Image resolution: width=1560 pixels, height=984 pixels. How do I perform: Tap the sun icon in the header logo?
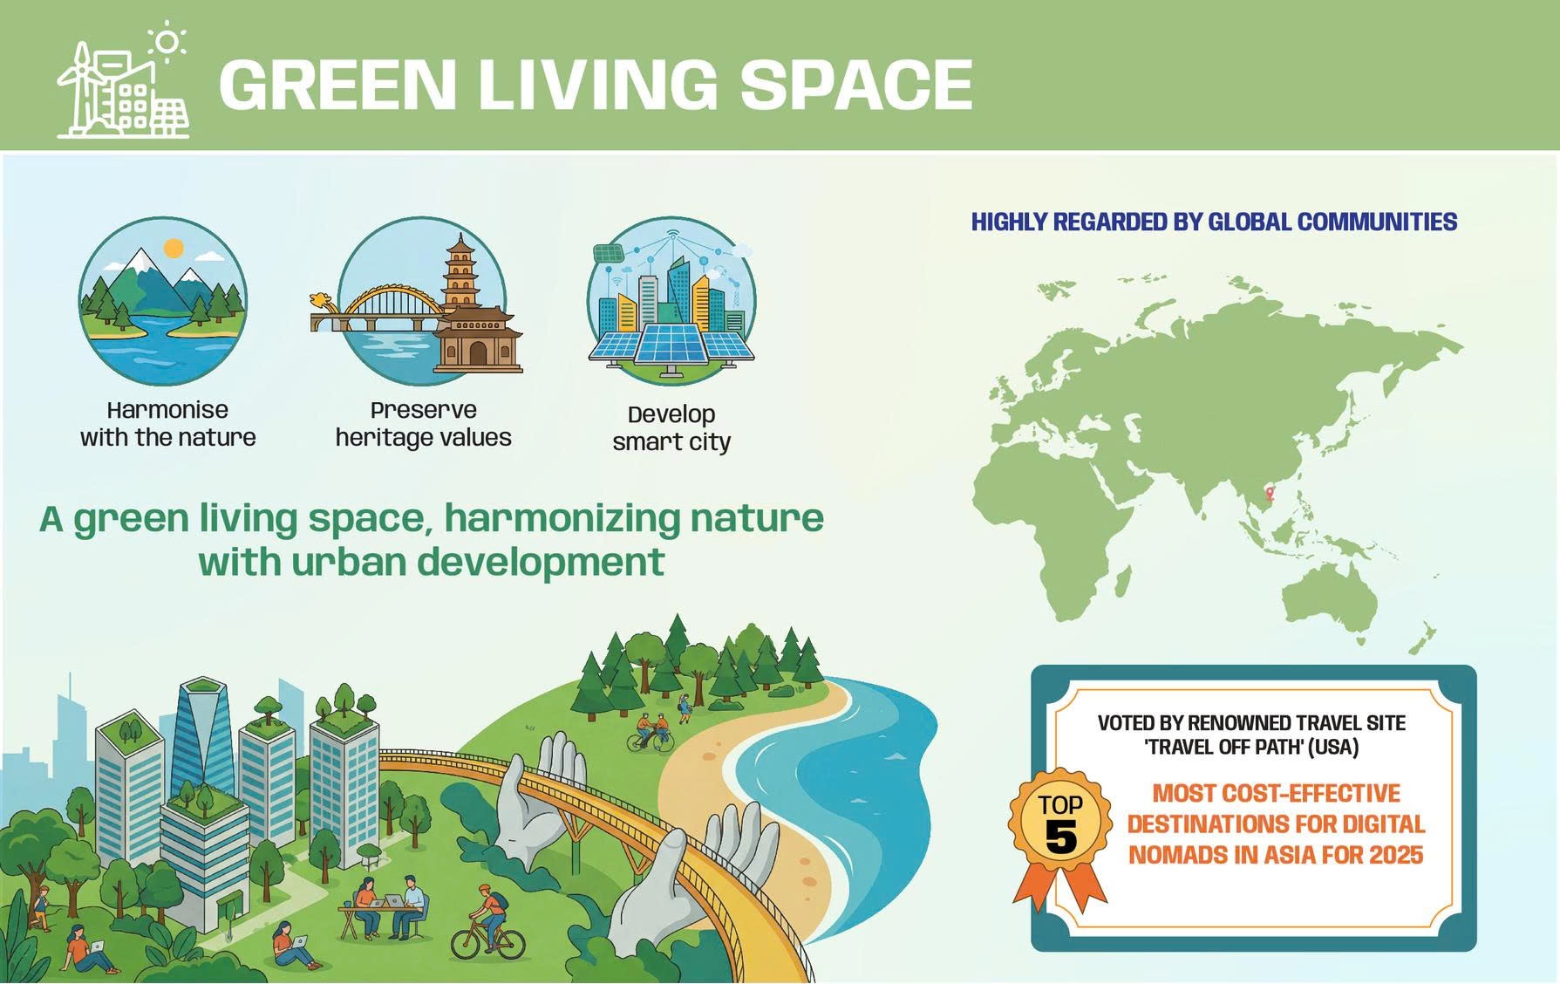click(167, 41)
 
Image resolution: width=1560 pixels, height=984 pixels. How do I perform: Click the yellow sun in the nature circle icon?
click(174, 249)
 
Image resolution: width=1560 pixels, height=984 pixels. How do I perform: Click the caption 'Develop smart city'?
click(671, 428)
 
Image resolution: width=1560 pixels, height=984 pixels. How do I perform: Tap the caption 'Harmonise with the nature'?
click(168, 424)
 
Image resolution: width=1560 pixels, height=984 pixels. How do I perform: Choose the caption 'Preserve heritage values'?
click(424, 424)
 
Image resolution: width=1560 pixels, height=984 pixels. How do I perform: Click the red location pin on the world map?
click(1270, 494)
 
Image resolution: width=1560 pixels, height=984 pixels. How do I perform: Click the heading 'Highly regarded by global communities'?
click(1214, 222)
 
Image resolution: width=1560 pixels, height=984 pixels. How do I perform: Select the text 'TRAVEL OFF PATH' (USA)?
click(1251, 747)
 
